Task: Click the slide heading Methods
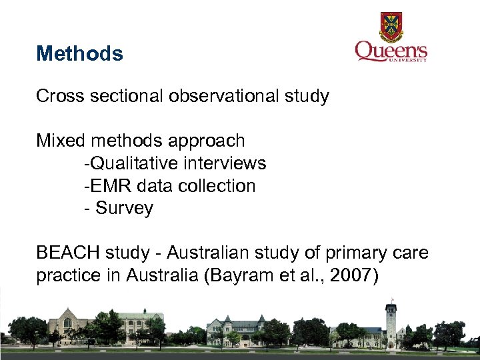tap(79, 53)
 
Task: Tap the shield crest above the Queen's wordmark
tap(391, 27)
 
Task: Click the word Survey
tap(124, 209)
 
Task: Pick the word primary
tap(358, 253)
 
